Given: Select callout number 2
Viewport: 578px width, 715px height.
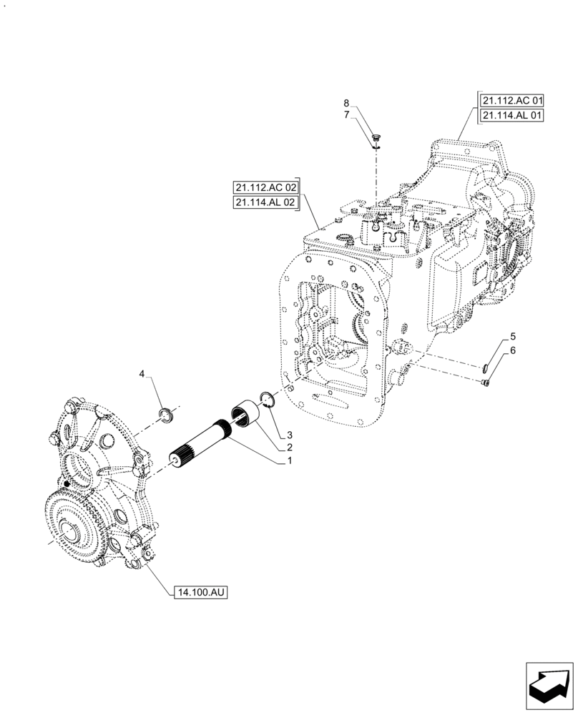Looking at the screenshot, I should [x=290, y=448].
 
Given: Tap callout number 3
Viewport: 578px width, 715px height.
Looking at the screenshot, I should [x=290, y=435].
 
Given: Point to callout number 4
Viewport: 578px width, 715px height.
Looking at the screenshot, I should [x=142, y=374].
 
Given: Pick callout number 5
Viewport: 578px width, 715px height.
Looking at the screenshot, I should [x=512, y=336].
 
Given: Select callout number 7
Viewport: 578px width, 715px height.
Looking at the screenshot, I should [x=346, y=114].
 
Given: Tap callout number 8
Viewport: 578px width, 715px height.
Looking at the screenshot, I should [x=346, y=102].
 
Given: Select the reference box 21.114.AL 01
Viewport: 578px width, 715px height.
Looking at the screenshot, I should [x=512, y=115].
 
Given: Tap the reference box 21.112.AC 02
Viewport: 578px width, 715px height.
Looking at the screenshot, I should [x=265, y=187].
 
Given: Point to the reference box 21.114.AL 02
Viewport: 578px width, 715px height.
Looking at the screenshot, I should [x=265, y=203].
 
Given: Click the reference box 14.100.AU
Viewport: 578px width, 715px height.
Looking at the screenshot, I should [x=199, y=592].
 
